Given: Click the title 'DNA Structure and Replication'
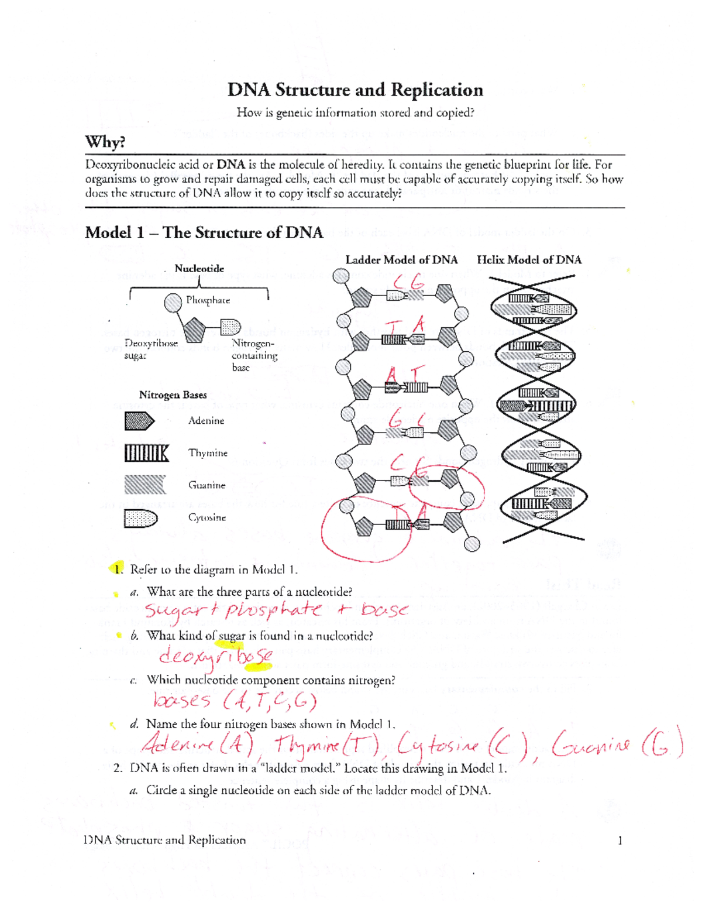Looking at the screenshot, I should point(355,90).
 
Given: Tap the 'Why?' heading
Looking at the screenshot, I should point(105,142).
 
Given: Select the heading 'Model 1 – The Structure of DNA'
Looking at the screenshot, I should point(204,233).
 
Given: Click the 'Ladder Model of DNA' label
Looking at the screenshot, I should point(401,260).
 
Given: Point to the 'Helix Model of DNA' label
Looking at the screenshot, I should point(529,260).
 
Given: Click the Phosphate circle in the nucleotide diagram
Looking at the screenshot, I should point(173,303).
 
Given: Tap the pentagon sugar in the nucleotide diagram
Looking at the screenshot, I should point(194,330).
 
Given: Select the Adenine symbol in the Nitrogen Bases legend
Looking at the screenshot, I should point(139,421).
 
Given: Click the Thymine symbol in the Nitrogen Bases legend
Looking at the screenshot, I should point(146,453).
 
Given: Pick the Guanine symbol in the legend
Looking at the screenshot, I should point(144,485).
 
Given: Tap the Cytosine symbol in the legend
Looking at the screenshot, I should point(140,518).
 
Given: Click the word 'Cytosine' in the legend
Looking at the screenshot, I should point(207,518).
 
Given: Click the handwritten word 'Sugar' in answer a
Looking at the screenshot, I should point(174,611).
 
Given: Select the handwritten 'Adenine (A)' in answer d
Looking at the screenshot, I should point(197,745).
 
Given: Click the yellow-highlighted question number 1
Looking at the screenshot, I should point(118,569).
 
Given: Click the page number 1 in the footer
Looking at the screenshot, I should point(620,841).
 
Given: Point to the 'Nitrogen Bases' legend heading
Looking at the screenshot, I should point(173,395).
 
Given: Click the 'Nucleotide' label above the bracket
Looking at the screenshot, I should point(199,269).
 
